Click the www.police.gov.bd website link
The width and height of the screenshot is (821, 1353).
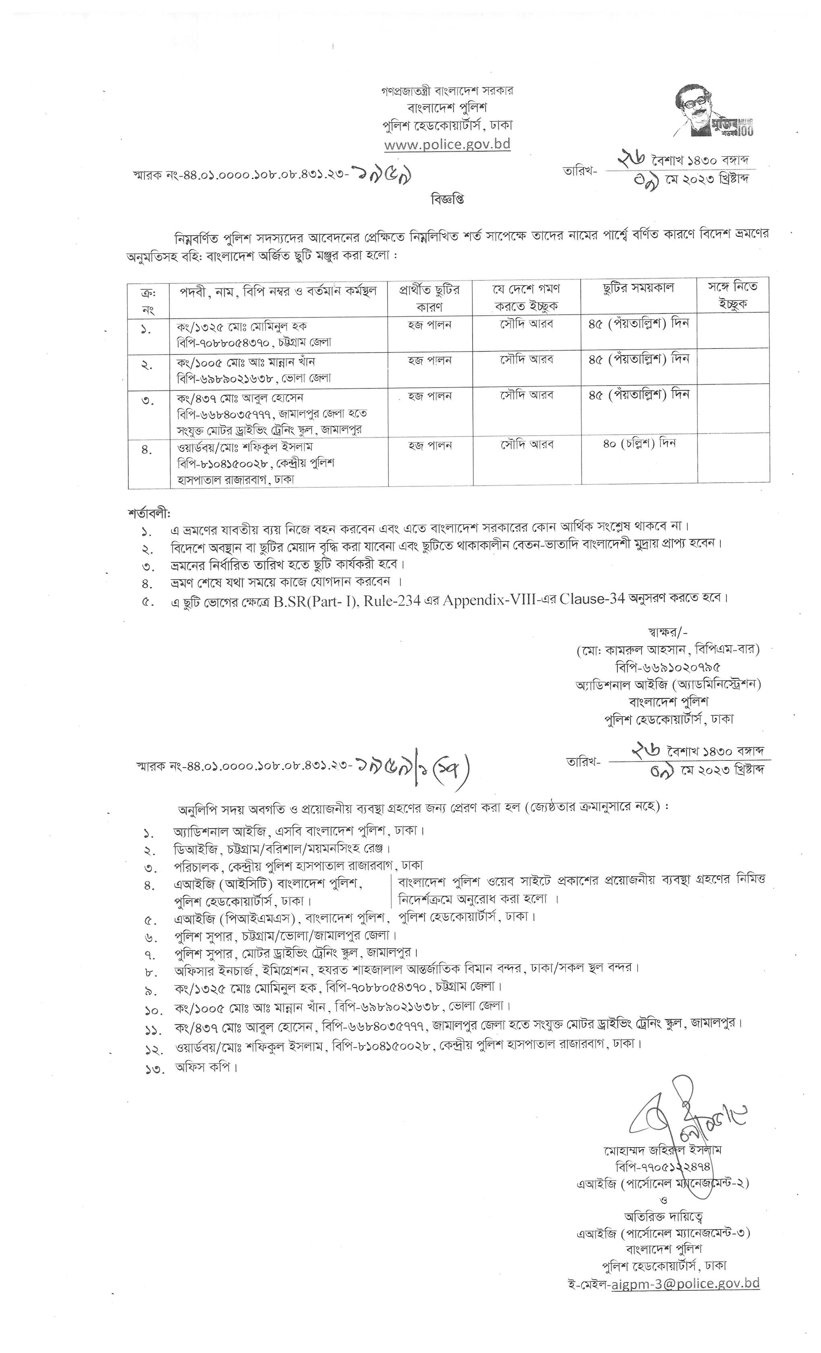(447, 145)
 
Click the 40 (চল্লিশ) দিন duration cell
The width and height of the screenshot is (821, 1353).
(638, 443)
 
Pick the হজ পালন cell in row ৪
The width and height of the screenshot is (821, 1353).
(430, 445)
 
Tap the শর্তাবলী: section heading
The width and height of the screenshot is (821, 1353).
(149, 513)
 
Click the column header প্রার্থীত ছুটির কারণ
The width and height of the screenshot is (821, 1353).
(430, 297)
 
